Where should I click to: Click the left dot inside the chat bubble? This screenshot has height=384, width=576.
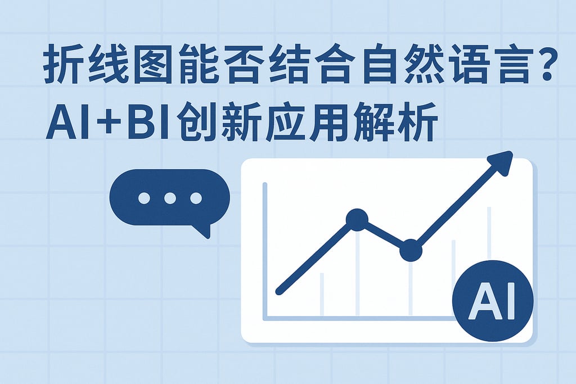144,198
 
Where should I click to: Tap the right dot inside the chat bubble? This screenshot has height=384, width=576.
196,198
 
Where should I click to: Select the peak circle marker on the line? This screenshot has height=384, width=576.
357,219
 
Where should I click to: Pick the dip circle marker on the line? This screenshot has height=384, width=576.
411,250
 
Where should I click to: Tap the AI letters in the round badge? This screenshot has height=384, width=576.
492,301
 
